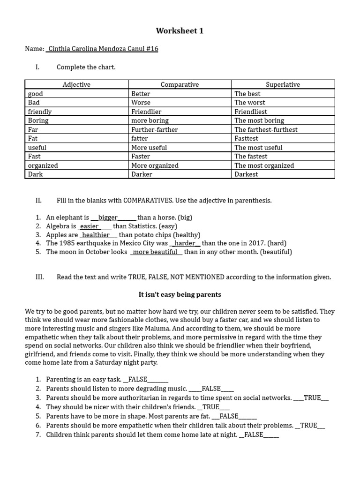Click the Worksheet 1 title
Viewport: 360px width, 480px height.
180,31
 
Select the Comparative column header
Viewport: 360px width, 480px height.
180,84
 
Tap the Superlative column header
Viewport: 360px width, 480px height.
283,84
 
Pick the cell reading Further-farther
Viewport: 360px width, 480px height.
155,129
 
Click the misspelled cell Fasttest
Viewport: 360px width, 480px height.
247,138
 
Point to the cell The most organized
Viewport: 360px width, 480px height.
264,165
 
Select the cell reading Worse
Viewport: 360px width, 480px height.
141,102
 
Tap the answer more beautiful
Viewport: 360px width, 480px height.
155,252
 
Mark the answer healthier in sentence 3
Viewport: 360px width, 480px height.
96,235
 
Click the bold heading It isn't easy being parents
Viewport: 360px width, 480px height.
180,294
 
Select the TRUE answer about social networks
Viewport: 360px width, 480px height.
312,397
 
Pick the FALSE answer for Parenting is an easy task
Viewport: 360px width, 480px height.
137,379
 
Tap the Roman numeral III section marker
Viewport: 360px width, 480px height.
39,277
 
